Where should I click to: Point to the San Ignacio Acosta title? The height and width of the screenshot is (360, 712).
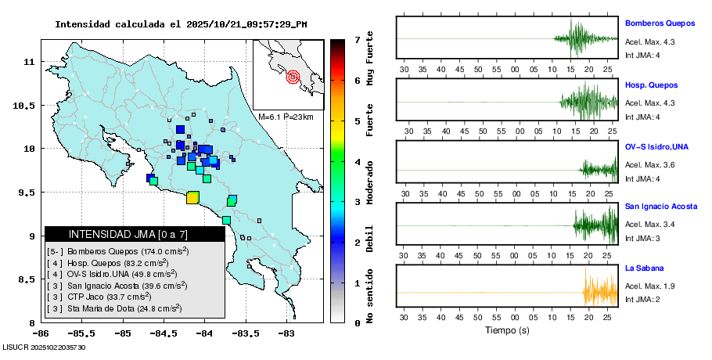[x=660, y=207]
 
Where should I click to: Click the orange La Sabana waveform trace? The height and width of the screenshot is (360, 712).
[x=599, y=293]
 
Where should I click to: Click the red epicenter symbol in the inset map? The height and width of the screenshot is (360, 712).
[x=293, y=77]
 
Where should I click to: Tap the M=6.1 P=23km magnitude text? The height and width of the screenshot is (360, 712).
[x=286, y=117]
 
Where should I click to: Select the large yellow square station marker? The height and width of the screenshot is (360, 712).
[x=192, y=197]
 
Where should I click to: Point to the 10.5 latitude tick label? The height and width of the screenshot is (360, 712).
[x=28, y=105]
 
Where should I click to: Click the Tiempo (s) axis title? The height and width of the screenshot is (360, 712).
[x=506, y=330]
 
